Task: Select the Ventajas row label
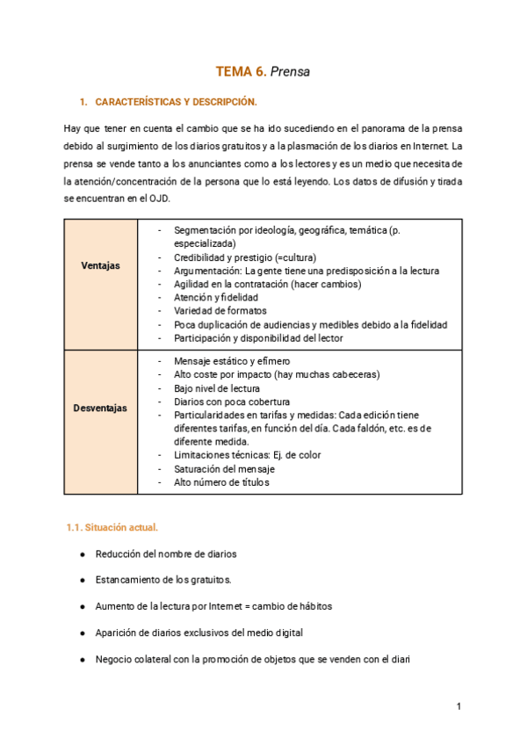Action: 101,265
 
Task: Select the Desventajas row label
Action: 101,408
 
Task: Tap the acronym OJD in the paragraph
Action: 155,199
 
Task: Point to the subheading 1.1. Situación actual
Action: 112,527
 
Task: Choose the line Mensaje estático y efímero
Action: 232,361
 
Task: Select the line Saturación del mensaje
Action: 224,468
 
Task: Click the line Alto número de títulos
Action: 222,481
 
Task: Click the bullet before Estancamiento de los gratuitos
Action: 82,581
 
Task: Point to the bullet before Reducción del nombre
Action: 82,554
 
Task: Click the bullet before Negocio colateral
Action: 82,660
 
